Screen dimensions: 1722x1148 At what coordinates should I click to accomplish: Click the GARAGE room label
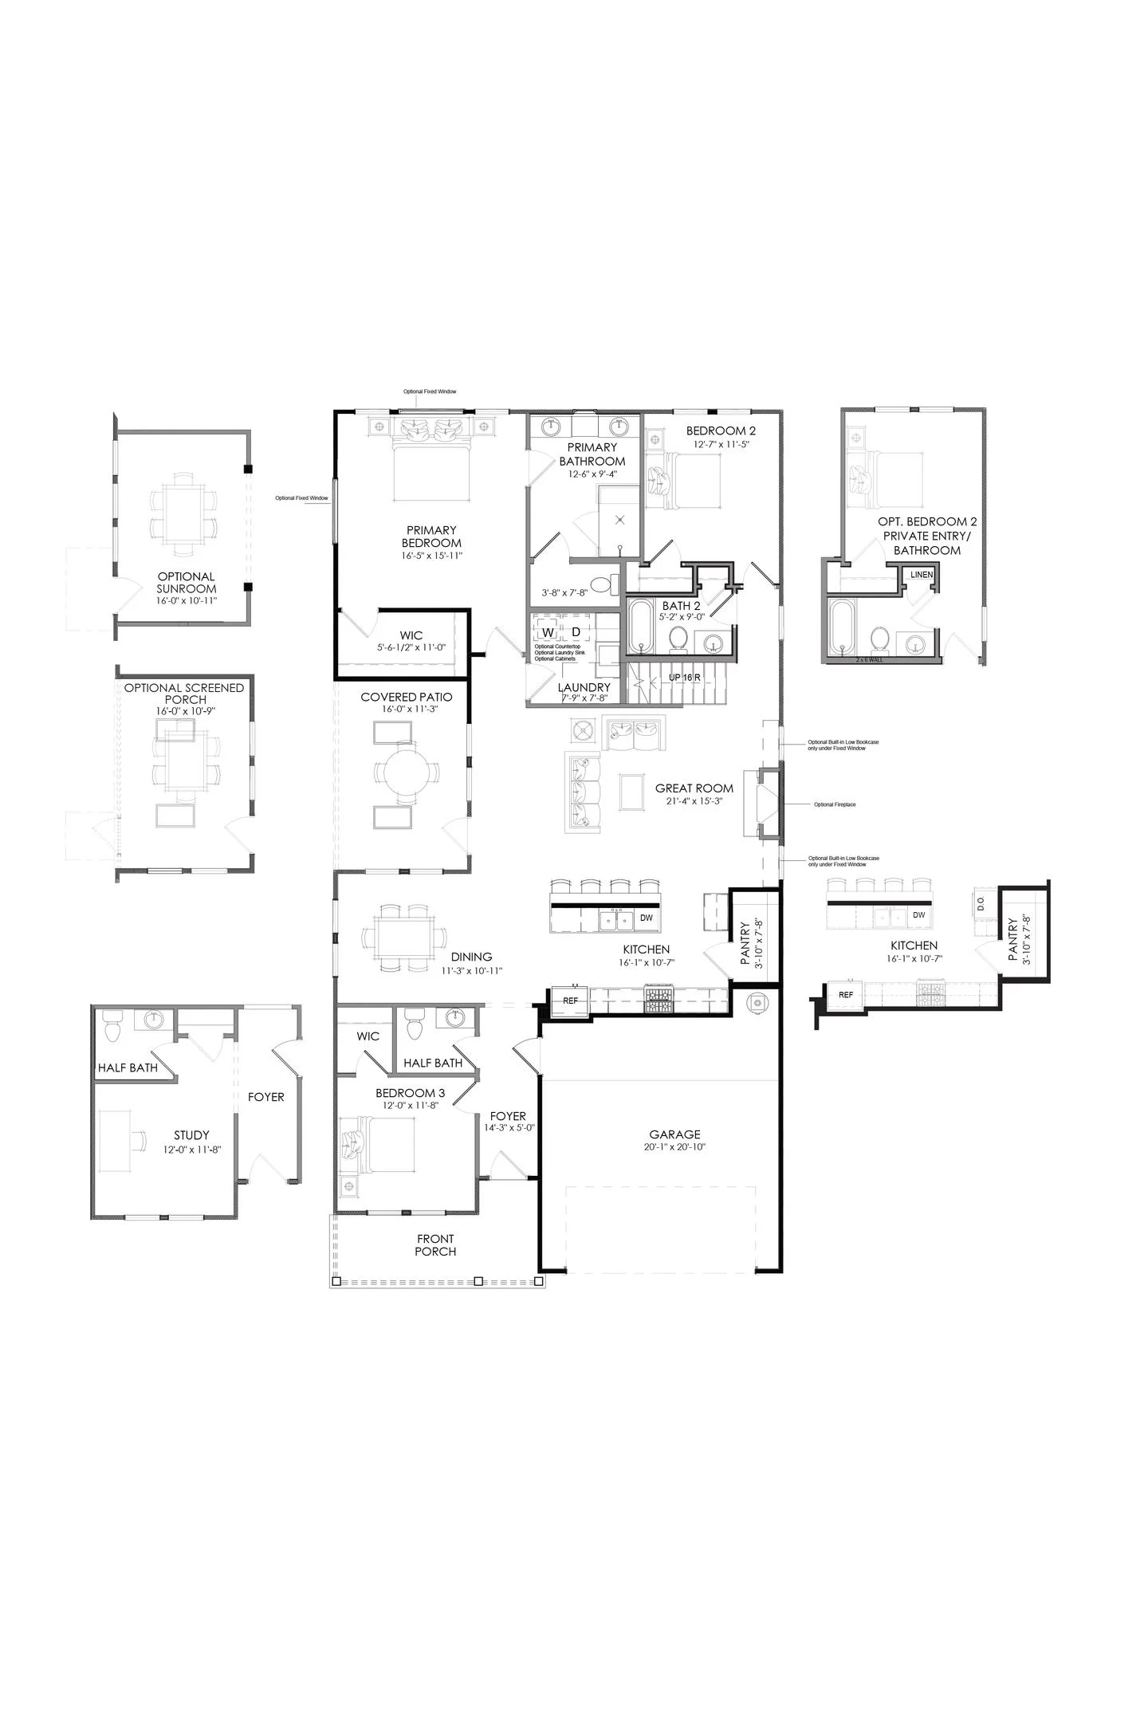click(674, 1134)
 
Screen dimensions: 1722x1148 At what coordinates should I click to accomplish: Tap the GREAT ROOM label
click(694, 788)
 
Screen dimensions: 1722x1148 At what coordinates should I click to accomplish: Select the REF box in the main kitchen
click(570, 1001)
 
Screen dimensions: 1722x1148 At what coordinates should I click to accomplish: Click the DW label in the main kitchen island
click(646, 918)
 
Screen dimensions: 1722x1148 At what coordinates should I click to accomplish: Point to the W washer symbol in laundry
click(548, 632)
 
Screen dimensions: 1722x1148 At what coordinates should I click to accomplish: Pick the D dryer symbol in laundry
click(576, 632)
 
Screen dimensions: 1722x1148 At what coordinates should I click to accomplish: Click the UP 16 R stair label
click(684, 678)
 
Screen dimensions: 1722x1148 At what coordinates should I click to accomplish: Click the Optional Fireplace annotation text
click(835, 804)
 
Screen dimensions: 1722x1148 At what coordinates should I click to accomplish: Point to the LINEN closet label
click(922, 575)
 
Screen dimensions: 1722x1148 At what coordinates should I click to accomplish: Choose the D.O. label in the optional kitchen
click(981, 903)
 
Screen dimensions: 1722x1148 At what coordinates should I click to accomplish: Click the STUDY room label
click(191, 1134)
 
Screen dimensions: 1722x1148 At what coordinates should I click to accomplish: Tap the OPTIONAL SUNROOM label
click(186, 583)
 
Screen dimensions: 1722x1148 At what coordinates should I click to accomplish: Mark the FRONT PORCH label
click(435, 1244)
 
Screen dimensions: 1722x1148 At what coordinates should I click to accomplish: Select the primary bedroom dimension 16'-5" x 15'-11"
click(432, 556)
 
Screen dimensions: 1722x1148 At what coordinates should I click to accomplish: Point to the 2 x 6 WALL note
click(869, 660)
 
